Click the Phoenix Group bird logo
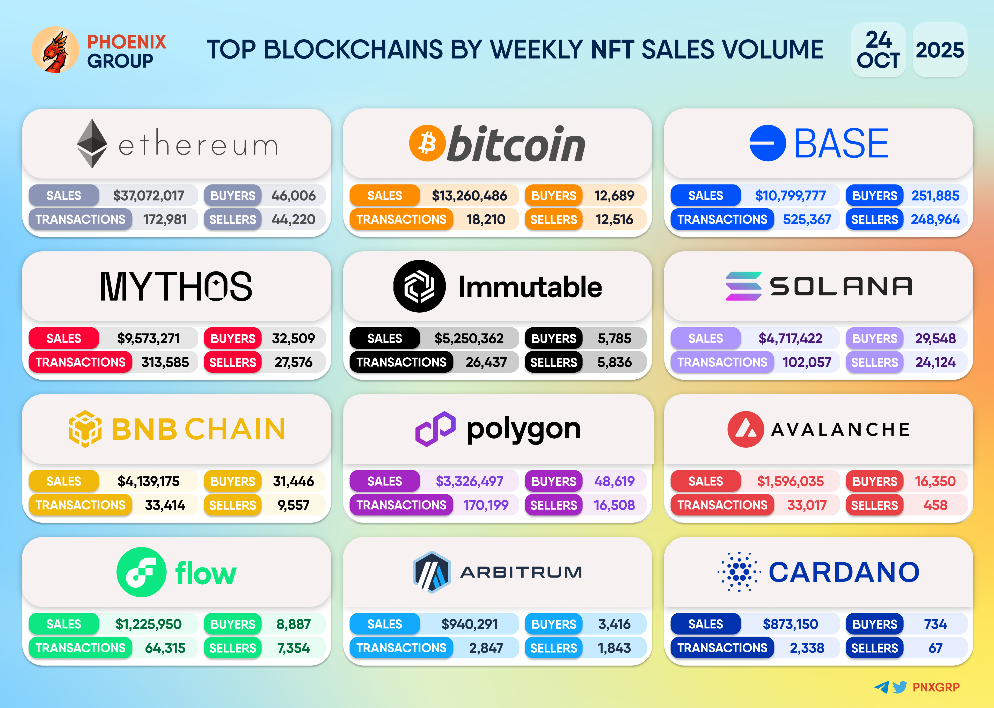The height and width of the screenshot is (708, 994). click(x=55, y=50)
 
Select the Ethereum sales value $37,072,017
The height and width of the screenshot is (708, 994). click(x=148, y=196)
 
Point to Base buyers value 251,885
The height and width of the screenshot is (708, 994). click(x=935, y=196)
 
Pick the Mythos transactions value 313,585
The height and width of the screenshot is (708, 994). click(x=165, y=362)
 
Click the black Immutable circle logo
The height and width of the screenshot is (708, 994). click(x=419, y=286)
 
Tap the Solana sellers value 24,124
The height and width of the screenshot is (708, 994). click(x=935, y=362)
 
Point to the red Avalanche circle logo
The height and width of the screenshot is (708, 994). click(x=745, y=429)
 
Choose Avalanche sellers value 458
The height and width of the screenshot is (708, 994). click(x=935, y=505)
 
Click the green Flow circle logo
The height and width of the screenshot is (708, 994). click(x=141, y=572)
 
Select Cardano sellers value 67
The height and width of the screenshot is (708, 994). click(x=935, y=648)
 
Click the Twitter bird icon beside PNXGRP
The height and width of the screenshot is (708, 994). click(x=900, y=687)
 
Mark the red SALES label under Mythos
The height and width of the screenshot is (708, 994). click(x=64, y=338)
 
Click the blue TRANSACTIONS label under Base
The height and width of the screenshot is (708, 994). click(x=722, y=219)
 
